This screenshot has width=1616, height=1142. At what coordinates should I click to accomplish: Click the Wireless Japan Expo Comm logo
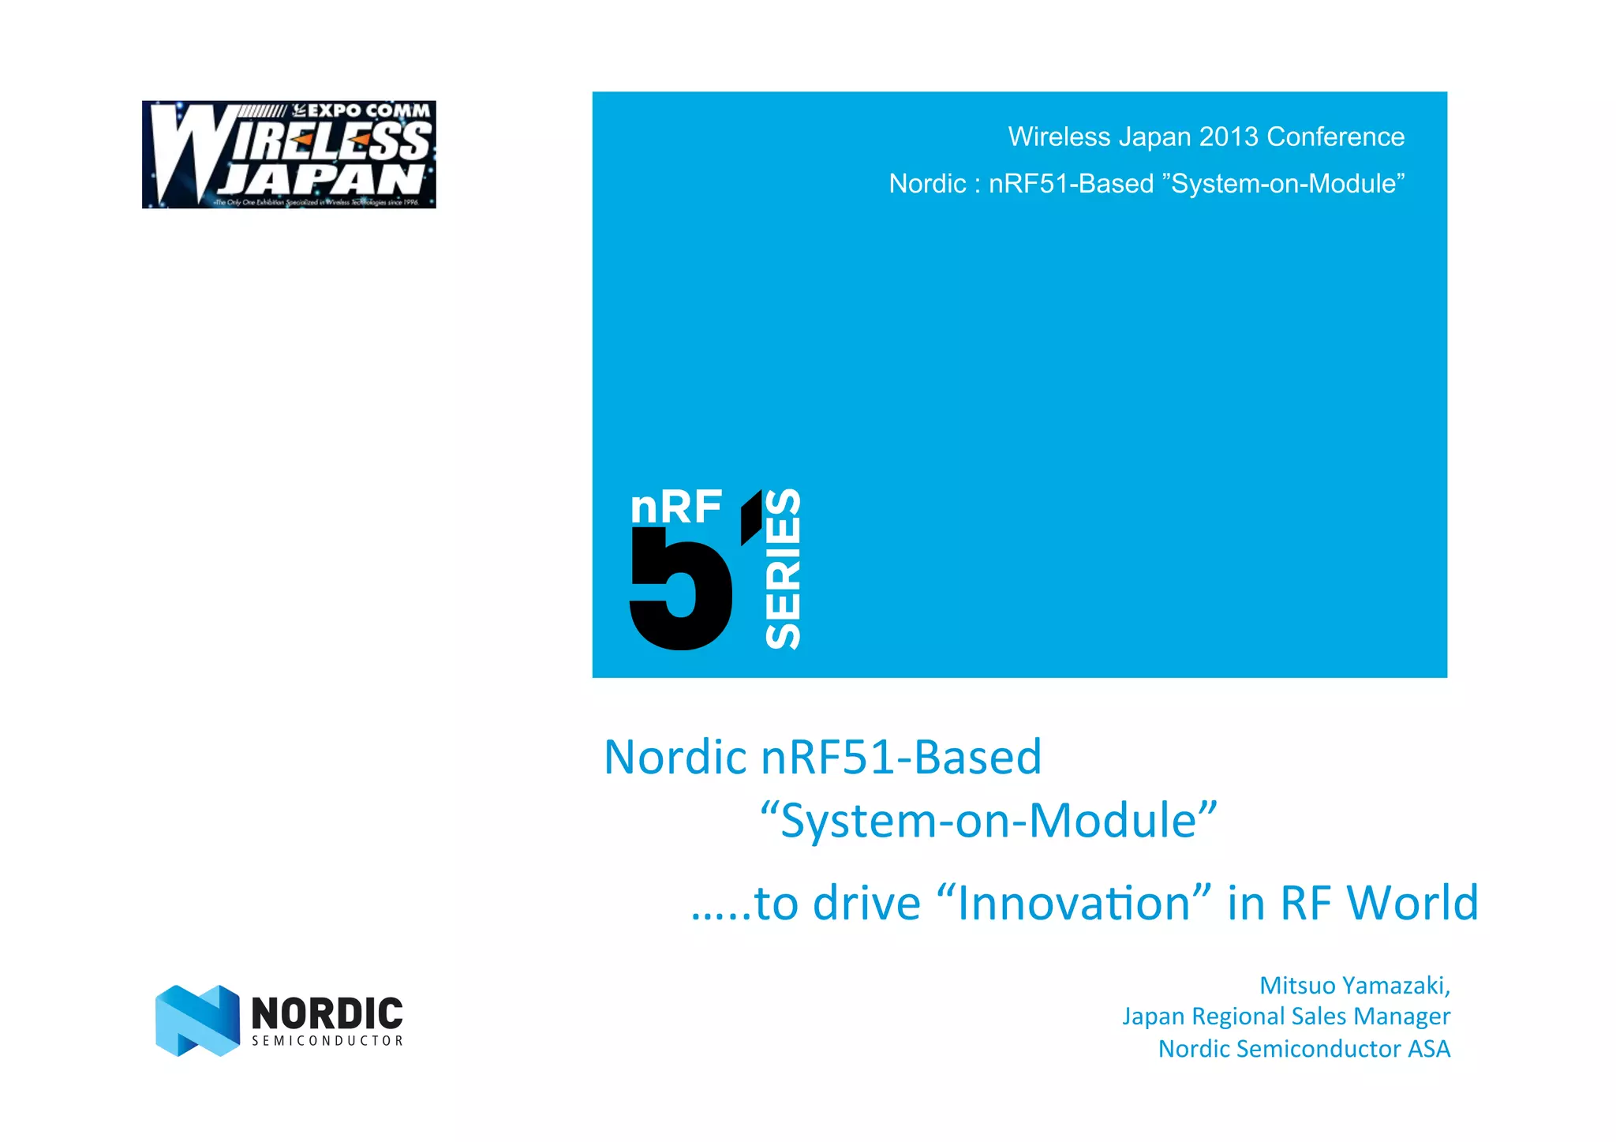[289, 154]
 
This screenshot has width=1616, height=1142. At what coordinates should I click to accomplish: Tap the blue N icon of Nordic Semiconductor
[197, 1020]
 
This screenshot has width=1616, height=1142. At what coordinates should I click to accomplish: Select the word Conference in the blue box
[1336, 137]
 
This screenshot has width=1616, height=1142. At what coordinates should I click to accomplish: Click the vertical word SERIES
[783, 569]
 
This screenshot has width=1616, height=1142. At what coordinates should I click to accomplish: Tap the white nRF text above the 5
[676, 507]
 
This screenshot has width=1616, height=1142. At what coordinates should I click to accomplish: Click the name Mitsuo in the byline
[1297, 985]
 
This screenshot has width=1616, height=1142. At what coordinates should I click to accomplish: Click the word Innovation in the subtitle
[1073, 903]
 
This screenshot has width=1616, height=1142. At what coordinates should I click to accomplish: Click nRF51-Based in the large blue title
[901, 757]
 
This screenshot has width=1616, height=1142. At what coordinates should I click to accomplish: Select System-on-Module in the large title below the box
[989, 821]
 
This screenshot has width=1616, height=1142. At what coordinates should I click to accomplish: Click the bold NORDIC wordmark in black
[327, 1013]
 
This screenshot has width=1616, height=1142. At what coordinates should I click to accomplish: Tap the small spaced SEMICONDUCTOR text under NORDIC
[327, 1041]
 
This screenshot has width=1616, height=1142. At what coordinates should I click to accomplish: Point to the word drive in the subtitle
[866, 903]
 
